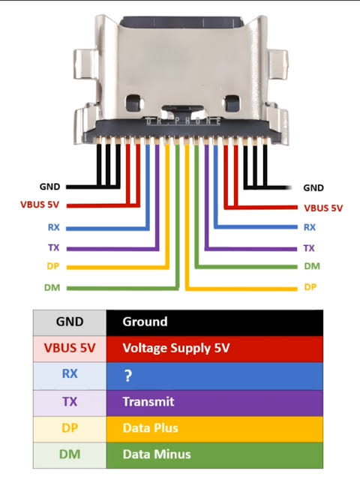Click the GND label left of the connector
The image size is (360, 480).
[49, 187]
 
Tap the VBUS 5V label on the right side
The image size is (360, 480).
[323, 208]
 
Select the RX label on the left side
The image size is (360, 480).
[53, 227]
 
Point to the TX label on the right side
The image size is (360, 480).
[309, 248]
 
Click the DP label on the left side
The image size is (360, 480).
[53, 266]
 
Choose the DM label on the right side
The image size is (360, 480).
[312, 266]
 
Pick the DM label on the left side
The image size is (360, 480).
[52, 287]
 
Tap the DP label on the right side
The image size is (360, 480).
[310, 287]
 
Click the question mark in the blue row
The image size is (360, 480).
[128, 376]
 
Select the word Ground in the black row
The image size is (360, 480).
[145, 322]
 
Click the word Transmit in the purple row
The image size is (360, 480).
[148, 402]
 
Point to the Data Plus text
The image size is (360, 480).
[150, 428]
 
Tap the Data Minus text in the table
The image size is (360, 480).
[157, 454]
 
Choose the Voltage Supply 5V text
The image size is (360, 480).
[176, 348]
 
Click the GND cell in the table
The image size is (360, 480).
[70, 322]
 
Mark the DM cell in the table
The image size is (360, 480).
[70, 455]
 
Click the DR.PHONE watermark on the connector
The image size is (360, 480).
[183, 121]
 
